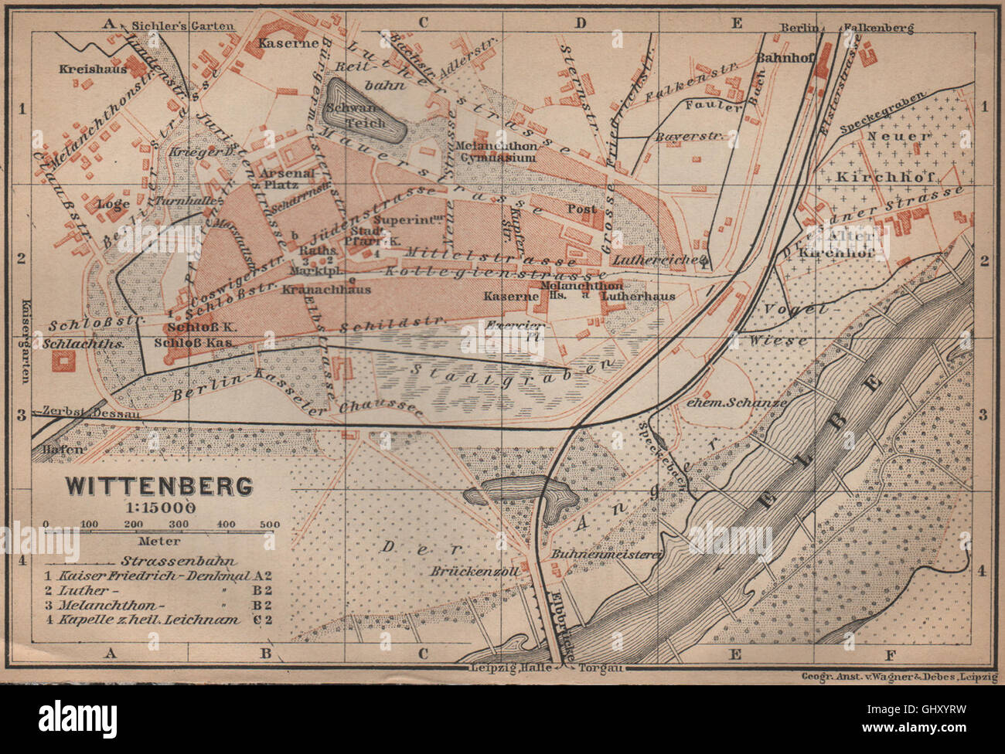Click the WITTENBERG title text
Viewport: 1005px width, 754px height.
(x=158, y=486)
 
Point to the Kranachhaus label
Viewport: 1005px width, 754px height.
(x=326, y=290)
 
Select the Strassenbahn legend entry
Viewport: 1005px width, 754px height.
(x=179, y=561)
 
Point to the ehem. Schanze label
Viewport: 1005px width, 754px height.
(x=735, y=402)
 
